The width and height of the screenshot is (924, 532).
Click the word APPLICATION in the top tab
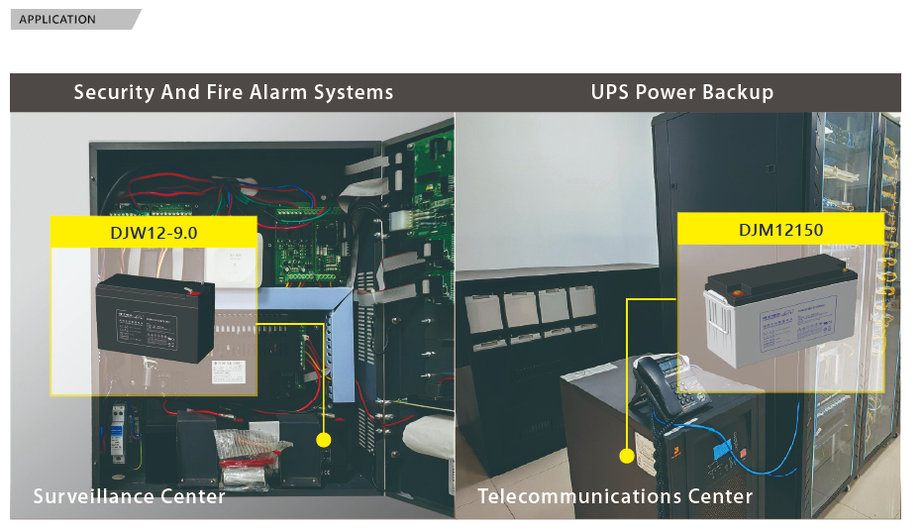[x=57, y=20]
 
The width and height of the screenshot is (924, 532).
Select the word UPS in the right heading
[x=610, y=93]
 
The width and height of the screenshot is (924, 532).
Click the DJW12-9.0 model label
[x=154, y=233]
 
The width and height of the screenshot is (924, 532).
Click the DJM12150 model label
[x=780, y=229]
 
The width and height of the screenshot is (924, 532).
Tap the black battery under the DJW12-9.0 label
[x=154, y=319]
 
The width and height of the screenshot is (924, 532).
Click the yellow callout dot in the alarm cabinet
[x=323, y=439]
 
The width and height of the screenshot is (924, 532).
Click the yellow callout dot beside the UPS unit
[x=626, y=457]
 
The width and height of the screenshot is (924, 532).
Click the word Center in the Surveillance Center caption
[x=195, y=495]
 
